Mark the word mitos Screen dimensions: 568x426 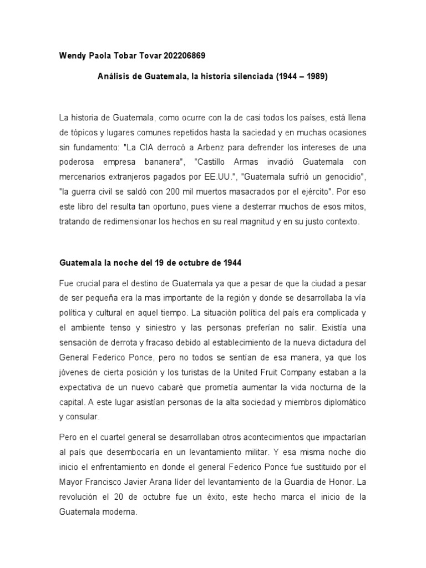click(353, 207)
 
